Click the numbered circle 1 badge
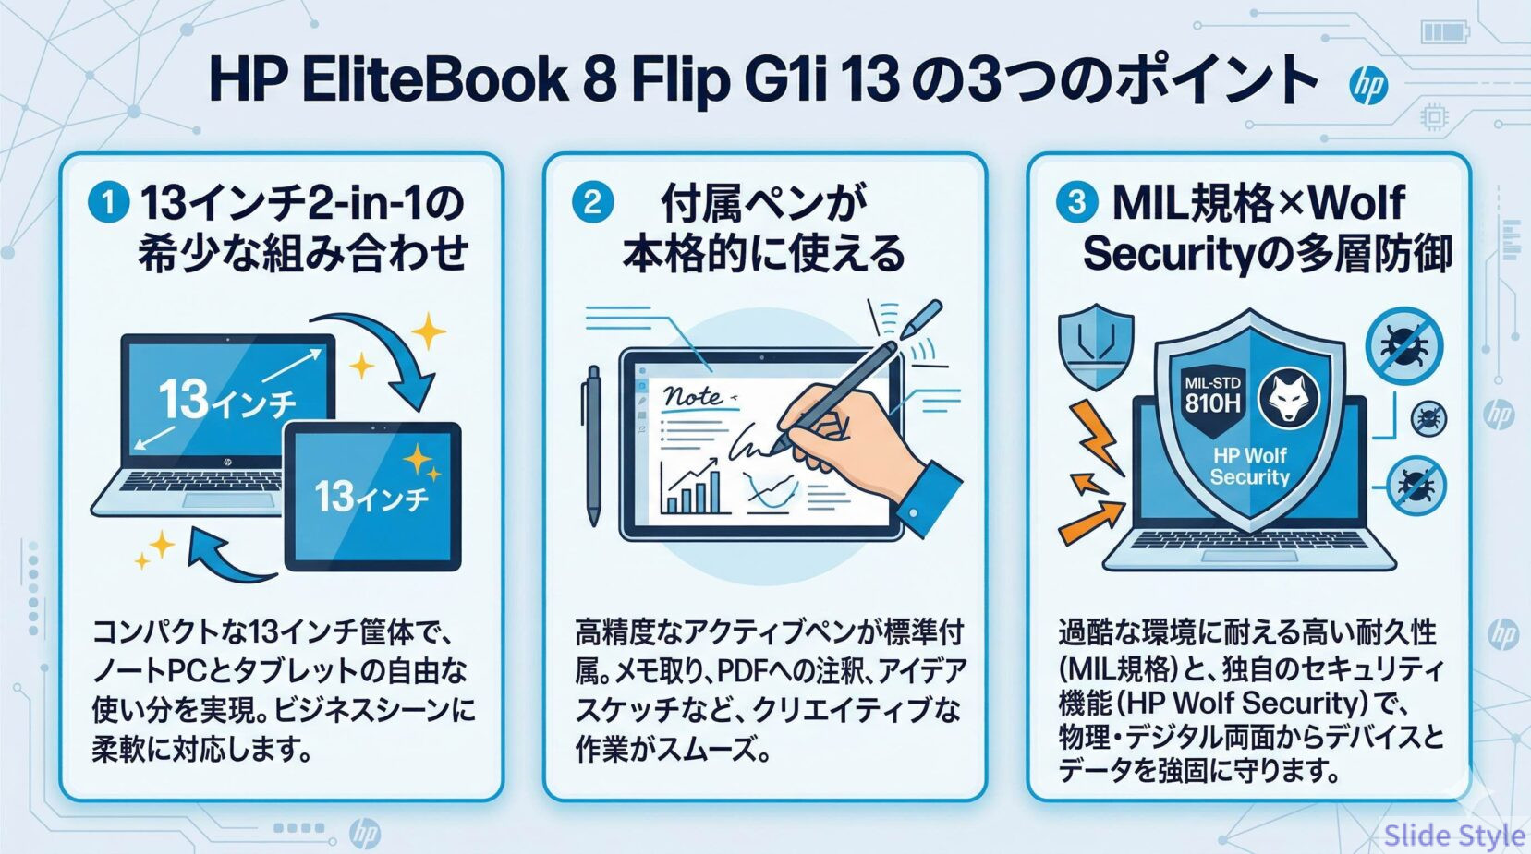point(108,202)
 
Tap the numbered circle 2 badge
point(592,202)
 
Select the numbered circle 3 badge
point(1076,202)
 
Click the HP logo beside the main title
point(1367,86)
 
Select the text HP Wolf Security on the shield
point(1249,466)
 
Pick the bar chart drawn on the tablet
point(692,489)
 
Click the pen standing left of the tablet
point(592,443)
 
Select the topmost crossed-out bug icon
point(1403,345)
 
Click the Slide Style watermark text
point(1453,836)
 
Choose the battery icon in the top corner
point(1443,33)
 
